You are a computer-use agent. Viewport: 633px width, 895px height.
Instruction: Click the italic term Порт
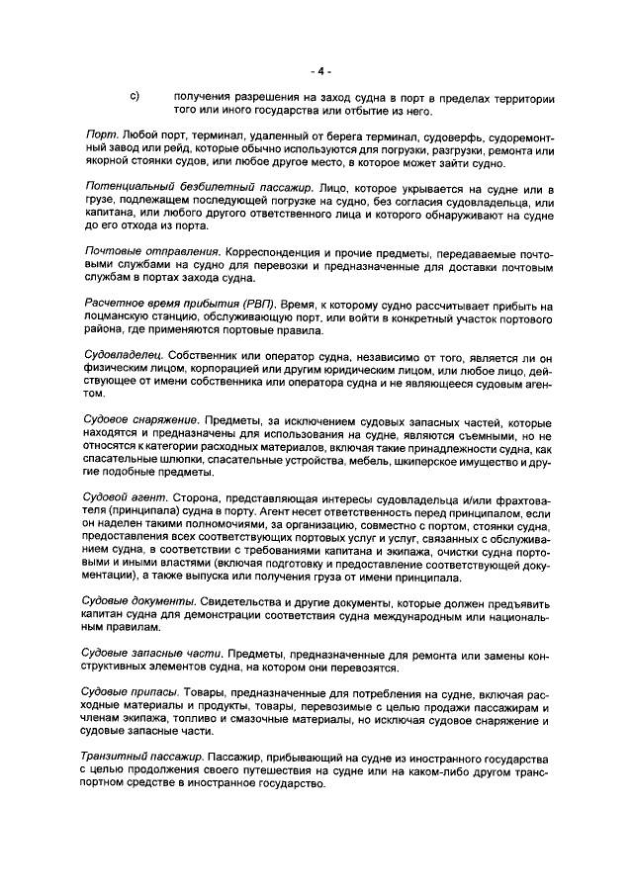(101, 134)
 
